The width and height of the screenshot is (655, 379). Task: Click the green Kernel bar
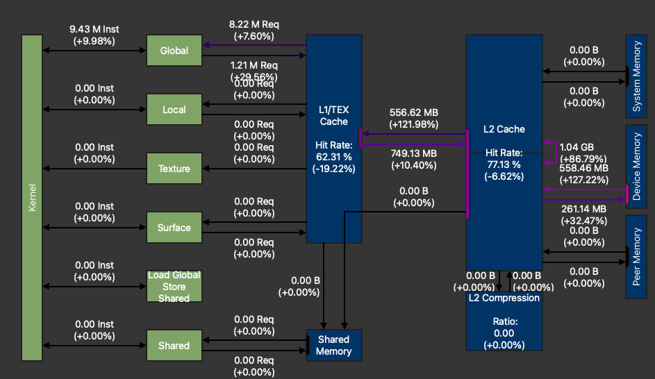point(32,198)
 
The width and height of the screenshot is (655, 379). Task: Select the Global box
point(174,51)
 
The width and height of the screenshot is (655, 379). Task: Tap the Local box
point(174,110)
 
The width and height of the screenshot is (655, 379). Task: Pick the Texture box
point(174,169)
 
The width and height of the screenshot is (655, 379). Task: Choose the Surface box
point(174,228)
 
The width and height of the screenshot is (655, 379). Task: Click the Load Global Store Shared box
point(174,286)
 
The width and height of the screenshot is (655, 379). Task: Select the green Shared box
point(174,346)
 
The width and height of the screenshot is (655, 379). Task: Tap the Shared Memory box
point(333,346)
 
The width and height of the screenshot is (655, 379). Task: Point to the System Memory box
point(637,76)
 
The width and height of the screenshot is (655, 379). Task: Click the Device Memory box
point(637,167)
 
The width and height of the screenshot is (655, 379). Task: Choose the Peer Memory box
point(637,257)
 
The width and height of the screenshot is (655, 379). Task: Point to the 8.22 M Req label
point(254,24)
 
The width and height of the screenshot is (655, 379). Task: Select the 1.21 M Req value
point(254,65)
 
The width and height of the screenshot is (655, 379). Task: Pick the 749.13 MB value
point(413,153)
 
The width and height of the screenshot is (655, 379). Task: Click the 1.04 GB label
point(577,147)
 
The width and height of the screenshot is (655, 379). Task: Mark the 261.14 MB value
point(583,208)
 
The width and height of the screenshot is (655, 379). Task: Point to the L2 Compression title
point(504,298)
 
